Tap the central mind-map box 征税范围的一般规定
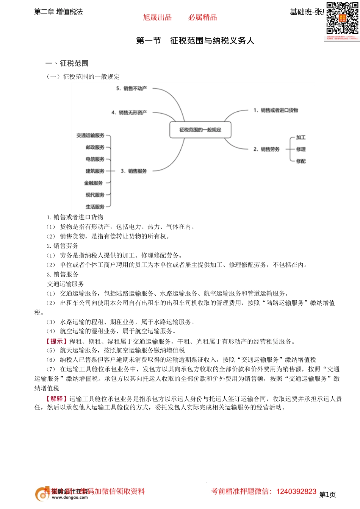[x=200, y=130]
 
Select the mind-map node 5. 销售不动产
[x=131, y=89]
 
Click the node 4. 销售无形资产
[x=129, y=112]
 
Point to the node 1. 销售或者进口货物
[x=276, y=111]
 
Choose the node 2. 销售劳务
[x=266, y=149]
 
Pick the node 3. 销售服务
[x=134, y=171]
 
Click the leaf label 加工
[x=301, y=137]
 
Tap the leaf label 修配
[x=301, y=161]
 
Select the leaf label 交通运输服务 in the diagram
[x=90, y=136]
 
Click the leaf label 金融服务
[x=94, y=183]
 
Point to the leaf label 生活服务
[x=95, y=207]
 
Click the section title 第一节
[x=149, y=41]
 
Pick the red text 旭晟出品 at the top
[x=157, y=17]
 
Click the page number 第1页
[x=327, y=495]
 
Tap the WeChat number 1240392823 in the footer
[x=296, y=492]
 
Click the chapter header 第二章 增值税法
[x=58, y=12]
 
